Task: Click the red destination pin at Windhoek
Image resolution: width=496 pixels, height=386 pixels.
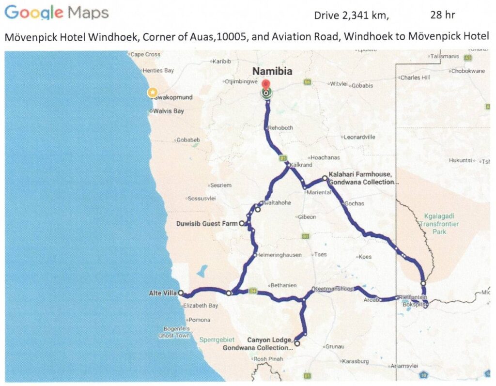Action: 266,83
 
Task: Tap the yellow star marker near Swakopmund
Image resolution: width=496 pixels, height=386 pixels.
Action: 153,92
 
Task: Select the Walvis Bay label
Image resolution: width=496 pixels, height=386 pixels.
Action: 169,111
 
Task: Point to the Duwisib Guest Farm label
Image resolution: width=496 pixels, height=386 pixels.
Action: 208,223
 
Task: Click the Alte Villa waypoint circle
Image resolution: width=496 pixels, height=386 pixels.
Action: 181,293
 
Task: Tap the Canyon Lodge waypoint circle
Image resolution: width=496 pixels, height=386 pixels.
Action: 297,344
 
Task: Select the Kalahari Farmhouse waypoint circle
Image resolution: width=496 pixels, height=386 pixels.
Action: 325,178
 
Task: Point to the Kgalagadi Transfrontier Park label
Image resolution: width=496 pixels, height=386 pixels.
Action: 439,224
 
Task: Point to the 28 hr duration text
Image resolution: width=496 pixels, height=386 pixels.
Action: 442,15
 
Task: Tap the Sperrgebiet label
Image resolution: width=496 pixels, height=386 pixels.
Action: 217,340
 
